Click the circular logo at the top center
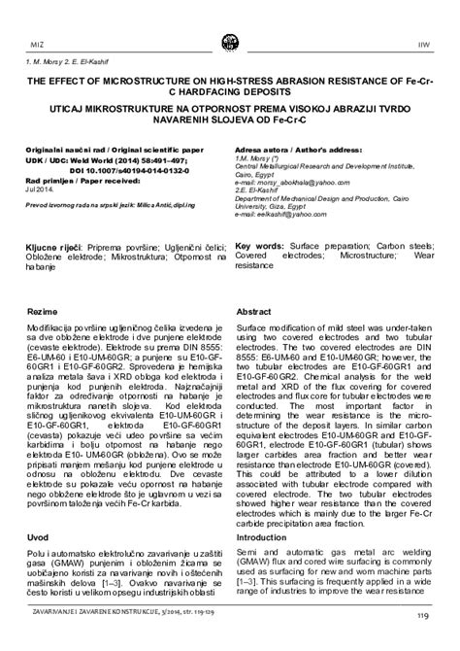(230, 42)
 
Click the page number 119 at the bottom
(424, 641)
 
